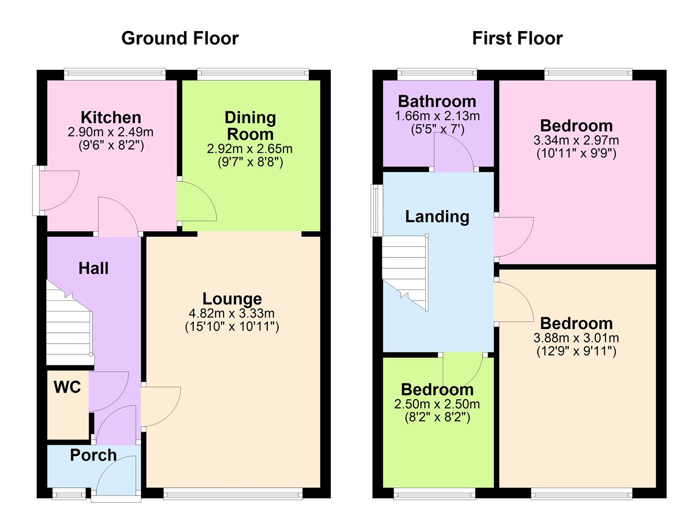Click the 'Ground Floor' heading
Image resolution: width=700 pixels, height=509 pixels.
(180, 38)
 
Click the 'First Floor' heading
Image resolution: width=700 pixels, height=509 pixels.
(517, 38)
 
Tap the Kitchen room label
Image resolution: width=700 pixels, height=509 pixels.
(111, 117)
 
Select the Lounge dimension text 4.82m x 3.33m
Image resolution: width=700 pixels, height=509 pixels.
(231, 313)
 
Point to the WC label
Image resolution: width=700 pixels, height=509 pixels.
(67, 387)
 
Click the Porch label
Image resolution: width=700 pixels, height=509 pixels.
(93, 455)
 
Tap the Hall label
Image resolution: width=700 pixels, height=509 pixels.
(93, 268)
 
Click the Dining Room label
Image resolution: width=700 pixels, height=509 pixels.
(250, 126)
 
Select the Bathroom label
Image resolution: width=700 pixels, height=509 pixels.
(437, 101)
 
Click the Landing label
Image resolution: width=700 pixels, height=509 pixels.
(437, 216)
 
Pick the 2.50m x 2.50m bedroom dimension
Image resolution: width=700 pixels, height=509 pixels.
(437, 404)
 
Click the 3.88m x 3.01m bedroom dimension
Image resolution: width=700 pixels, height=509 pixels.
(576, 338)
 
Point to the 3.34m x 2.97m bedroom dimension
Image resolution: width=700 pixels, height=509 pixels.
(576, 140)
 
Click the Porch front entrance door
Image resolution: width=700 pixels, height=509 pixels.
(115, 476)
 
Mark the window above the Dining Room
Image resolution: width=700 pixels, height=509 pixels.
(253, 73)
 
